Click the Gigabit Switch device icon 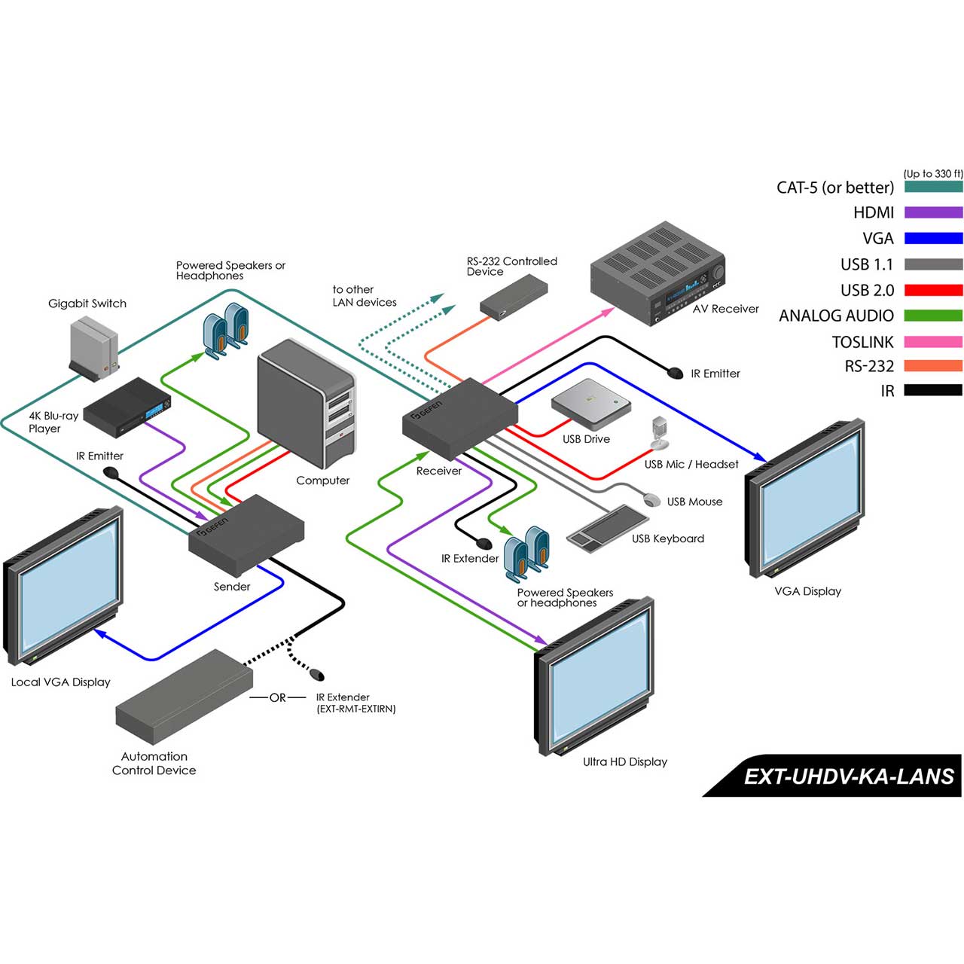pos(94,350)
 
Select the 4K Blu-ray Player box pos(127,407)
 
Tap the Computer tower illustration pos(306,403)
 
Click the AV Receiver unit pos(657,273)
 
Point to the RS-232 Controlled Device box pos(514,296)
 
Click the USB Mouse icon pos(651,499)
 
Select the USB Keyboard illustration pos(607,529)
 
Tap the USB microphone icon pos(660,433)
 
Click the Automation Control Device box pos(184,696)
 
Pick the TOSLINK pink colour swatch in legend pos(933,342)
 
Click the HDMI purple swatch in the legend pos(933,212)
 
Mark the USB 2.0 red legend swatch pos(933,290)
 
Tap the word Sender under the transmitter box pos(232,586)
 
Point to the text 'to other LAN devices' pos(365,296)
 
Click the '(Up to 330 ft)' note pos(933,173)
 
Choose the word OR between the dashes pos(278,697)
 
